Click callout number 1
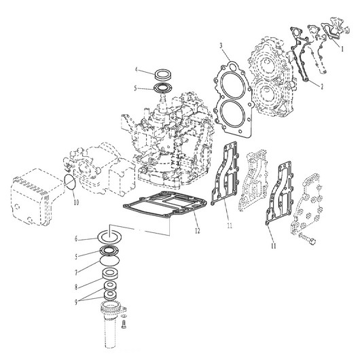tap(343, 49)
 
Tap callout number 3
tap(221, 46)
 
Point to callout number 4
tap(137, 70)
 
